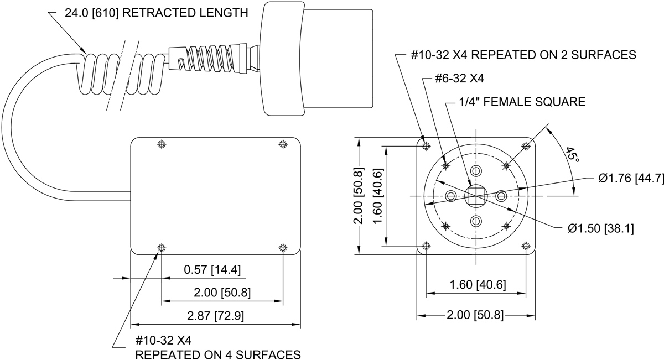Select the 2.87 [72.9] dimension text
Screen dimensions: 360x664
(215, 316)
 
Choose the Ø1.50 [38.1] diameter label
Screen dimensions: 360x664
(600, 228)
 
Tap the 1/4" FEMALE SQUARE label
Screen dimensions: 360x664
(522, 102)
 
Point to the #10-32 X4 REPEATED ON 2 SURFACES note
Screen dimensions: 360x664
(523, 55)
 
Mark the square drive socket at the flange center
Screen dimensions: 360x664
(475, 196)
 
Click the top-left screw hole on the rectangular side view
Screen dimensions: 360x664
(162, 144)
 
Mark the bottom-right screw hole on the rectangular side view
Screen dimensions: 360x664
(283, 247)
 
